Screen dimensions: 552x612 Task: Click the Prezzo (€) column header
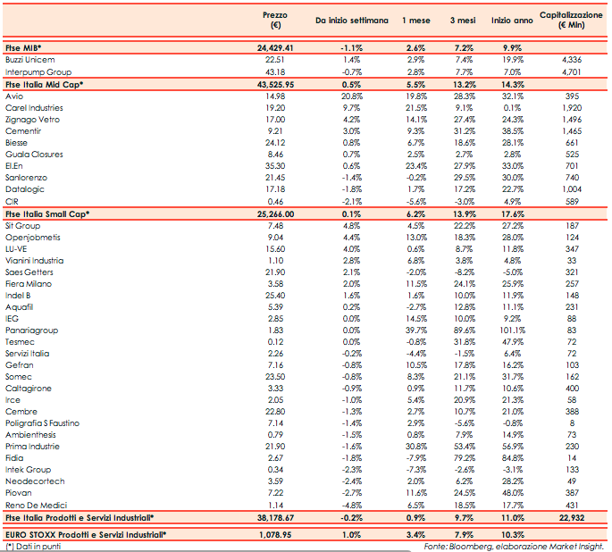point(275,21)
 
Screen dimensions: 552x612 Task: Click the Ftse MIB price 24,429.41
point(275,46)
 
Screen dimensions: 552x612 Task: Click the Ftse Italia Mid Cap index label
point(44,83)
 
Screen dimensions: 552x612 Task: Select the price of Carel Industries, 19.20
point(275,107)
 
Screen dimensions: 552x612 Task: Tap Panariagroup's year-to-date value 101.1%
point(512,330)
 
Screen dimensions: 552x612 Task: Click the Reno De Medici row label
point(32,505)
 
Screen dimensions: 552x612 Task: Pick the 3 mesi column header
point(463,21)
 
